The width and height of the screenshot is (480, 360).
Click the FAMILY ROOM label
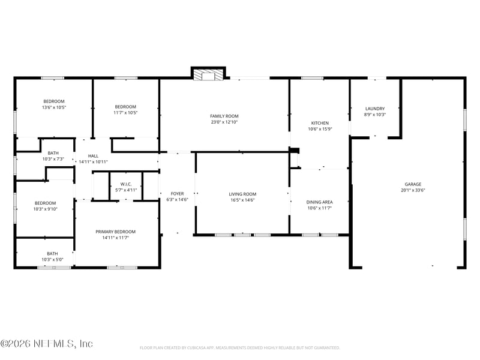tap(224, 116)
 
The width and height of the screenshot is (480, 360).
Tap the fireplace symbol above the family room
tap(208, 74)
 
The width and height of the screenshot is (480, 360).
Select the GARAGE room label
tap(413, 184)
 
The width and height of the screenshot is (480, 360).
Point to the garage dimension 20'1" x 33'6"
tap(413, 190)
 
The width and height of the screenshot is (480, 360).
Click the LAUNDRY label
tap(375, 109)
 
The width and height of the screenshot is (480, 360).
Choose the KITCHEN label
tap(320, 123)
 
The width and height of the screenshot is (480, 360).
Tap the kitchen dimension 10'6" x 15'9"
tap(320, 129)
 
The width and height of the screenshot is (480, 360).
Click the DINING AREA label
tap(320, 202)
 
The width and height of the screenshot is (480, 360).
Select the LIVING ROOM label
tap(242, 194)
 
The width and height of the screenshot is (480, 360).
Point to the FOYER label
tap(177, 194)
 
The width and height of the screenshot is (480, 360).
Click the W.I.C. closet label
tap(126, 184)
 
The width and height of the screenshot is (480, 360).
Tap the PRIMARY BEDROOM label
tap(115, 232)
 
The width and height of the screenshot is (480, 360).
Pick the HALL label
tap(93, 156)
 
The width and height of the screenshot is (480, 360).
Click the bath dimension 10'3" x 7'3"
tap(53, 159)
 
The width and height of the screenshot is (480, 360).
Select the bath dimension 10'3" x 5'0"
tap(52, 260)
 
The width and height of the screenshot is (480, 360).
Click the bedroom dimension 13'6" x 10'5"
tap(54, 107)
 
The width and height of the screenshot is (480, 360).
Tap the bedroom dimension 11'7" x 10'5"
tap(125, 113)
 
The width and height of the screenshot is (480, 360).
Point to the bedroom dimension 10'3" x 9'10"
tap(46, 209)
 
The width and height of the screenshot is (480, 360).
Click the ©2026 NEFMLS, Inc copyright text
tap(47, 344)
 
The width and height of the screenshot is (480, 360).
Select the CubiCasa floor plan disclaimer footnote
tap(239, 348)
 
